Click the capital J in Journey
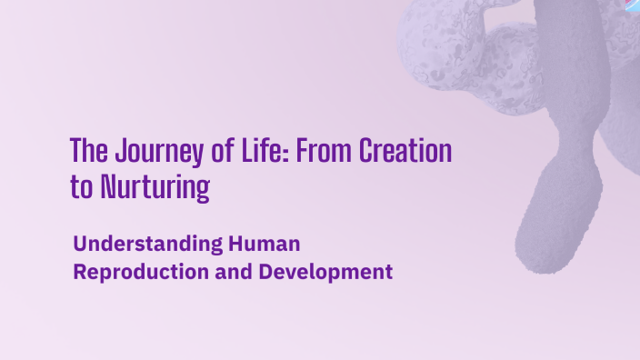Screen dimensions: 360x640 coord(113,150)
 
